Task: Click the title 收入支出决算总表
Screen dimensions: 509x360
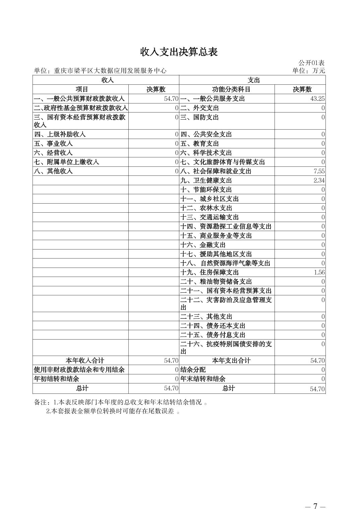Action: pos(179,52)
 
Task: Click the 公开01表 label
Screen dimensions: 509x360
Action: pos(311,63)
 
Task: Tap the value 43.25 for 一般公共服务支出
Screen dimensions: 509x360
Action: pos(317,99)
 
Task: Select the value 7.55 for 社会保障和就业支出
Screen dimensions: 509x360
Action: pos(319,171)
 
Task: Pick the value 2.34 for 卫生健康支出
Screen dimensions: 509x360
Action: pos(319,180)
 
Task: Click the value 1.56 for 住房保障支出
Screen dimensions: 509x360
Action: pos(319,273)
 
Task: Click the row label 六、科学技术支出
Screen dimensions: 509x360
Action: pos(206,153)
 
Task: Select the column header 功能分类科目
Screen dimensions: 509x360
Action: pos(231,89)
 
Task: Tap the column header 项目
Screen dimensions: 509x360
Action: pos(82,89)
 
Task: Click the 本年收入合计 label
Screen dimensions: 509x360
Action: pos(85,361)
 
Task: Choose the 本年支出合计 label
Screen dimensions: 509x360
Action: pos(231,361)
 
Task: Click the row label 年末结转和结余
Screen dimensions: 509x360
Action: pos(203,379)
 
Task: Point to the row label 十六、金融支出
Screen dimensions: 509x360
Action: pos(203,245)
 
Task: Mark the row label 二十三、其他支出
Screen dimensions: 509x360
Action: pos(206,317)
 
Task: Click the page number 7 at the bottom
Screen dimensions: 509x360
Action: pos(315,497)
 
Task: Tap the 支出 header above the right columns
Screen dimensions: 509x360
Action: pos(254,80)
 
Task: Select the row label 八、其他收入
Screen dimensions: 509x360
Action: pos(53,171)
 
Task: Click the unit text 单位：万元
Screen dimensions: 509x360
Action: pos(308,71)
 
